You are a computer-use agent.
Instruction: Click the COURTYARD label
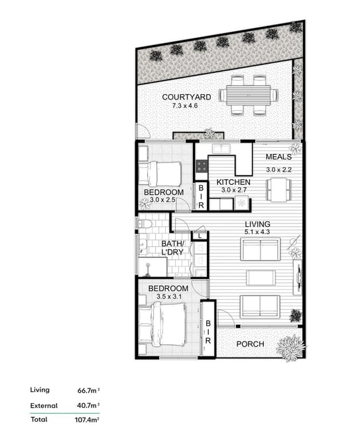coord(186,97)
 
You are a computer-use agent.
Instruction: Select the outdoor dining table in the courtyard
coord(249,95)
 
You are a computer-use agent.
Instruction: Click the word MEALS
coord(278,156)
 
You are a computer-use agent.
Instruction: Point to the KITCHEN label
coord(233,182)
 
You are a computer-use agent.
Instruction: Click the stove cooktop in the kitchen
coord(202,166)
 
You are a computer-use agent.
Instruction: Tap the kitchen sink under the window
coord(221,149)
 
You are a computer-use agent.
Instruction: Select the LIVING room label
coord(257,224)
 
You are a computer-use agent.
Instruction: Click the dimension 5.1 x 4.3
coord(257,232)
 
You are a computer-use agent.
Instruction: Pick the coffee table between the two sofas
coord(261,278)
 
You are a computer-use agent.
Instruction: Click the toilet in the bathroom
coord(145,224)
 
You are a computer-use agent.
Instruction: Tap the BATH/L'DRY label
coord(172,248)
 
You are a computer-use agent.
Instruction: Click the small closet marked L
coord(200,236)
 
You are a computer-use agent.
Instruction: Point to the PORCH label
coord(251,344)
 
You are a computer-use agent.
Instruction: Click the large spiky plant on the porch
coord(290,347)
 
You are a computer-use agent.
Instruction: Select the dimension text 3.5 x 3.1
coord(169,296)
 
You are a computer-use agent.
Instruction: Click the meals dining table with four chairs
coord(278,190)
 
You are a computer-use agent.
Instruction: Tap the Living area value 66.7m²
coord(88,391)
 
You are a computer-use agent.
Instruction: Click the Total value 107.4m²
coord(87,420)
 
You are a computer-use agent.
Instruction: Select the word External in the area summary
coord(44,406)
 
